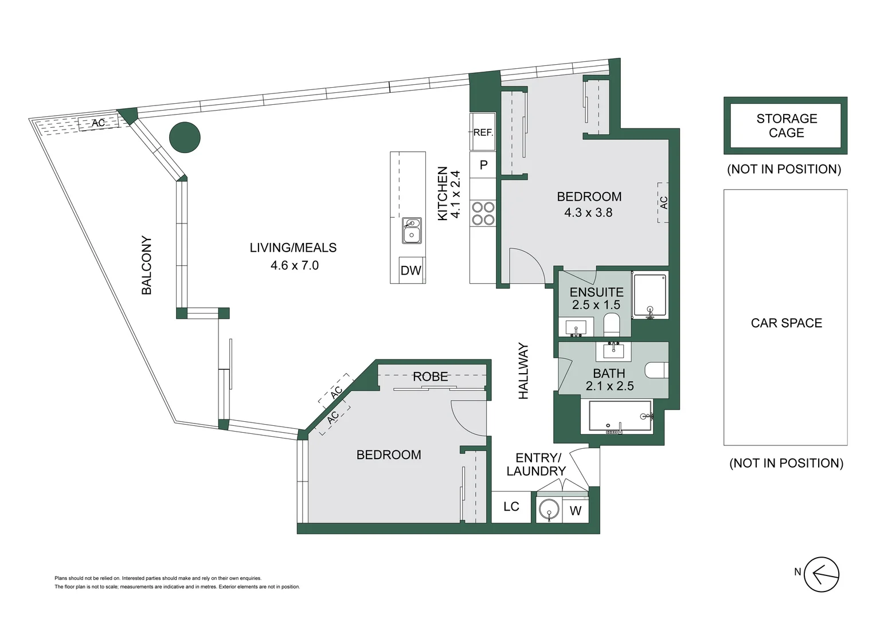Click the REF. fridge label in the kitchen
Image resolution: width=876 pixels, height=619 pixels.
(x=483, y=132)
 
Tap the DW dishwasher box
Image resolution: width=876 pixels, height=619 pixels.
(x=410, y=271)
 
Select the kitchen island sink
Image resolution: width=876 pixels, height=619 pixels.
(x=412, y=230)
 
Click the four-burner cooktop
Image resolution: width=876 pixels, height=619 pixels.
(x=483, y=213)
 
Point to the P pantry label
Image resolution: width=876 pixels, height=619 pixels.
(x=483, y=165)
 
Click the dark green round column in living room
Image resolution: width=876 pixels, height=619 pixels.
(x=185, y=138)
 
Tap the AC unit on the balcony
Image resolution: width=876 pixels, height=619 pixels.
(x=98, y=123)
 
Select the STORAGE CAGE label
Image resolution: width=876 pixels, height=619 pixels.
(x=786, y=126)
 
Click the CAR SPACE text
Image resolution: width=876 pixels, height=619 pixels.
(x=786, y=323)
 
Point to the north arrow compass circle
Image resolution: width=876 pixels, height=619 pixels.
(x=822, y=574)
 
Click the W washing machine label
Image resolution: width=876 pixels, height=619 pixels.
(x=576, y=511)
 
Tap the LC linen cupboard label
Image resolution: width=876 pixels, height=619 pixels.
(x=511, y=507)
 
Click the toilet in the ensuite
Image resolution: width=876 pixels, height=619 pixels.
(x=612, y=325)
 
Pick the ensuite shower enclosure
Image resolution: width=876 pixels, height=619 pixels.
(x=650, y=295)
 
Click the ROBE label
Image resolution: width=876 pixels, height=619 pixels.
(x=430, y=377)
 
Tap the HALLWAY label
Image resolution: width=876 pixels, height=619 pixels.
(x=523, y=371)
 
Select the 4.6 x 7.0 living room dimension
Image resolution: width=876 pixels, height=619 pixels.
(x=294, y=265)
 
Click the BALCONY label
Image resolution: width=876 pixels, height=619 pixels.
(x=147, y=265)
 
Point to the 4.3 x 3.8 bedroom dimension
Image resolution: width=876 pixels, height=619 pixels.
(x=588, y=213)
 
